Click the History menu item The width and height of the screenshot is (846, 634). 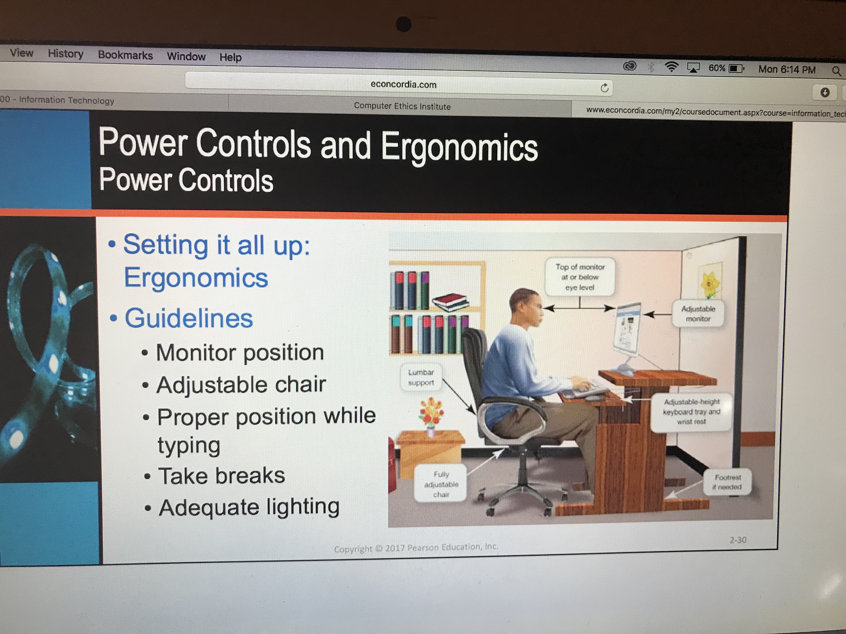click(65, 54)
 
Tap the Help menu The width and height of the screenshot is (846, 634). click(230, 57)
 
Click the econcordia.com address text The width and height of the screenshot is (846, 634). click(403, 84)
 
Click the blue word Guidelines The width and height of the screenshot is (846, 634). click(189, 318)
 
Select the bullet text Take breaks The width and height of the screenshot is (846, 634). click(222, 476)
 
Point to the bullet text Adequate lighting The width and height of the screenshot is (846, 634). click(249, 508)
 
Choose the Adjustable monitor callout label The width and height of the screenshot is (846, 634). click(698, 313)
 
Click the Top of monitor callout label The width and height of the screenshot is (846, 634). click(580, 277)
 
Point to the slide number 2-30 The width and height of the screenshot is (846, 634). click(738, 540)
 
